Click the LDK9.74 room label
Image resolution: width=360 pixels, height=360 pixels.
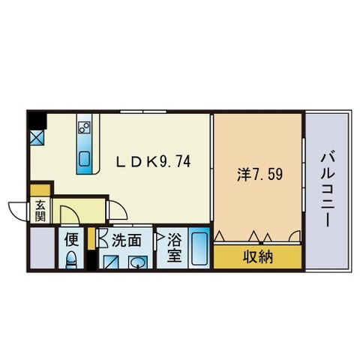click(x=153, y=161)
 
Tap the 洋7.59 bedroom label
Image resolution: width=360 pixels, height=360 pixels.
click(x=259, y=174)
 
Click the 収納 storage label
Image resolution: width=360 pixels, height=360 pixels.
click(x=258, y=256)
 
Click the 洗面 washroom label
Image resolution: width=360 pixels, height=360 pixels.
click(x=127, y=240)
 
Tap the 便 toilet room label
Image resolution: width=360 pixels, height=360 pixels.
click(x=71, y=239)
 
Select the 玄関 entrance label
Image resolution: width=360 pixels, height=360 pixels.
click(x=40, y=211)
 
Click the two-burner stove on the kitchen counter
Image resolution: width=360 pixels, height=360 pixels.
click(x=85, y=127)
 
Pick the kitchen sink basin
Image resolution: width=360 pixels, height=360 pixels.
click(x=84, y=159)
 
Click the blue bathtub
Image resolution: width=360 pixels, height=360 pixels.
click(x=199, y=248)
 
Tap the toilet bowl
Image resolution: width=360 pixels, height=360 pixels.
click(x=71, y=260)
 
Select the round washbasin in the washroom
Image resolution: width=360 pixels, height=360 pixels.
click(x=136, y=262)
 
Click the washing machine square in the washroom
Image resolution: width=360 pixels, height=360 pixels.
click(x=111, y=262)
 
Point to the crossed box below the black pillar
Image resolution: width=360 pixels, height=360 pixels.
click(x=37, y=138)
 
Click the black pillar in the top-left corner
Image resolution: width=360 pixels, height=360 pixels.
click(x=37, y=120)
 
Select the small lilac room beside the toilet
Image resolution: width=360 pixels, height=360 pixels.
click(x=43, y=247)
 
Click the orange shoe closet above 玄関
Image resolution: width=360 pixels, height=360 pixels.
click(x=40, y=190)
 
